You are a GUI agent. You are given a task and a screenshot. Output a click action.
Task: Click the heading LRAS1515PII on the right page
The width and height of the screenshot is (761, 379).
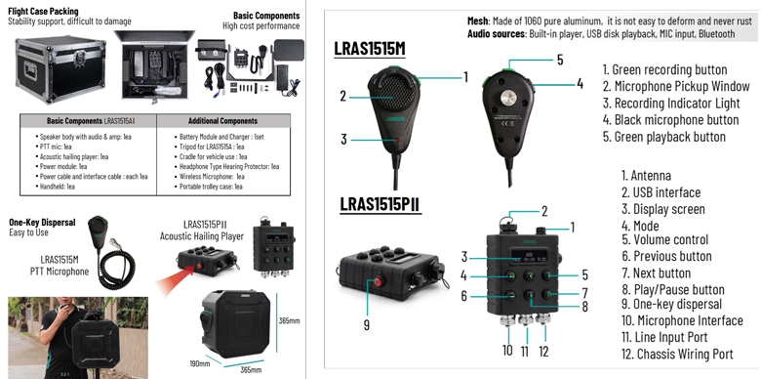(380, 204)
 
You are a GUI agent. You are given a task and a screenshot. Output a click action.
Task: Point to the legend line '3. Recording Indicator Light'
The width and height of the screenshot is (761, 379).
(675, 104)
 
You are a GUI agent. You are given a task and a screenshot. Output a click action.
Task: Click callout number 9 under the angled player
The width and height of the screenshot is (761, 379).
(367, 324)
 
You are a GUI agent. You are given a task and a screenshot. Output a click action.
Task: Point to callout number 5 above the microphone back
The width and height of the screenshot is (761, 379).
(560, 60)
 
